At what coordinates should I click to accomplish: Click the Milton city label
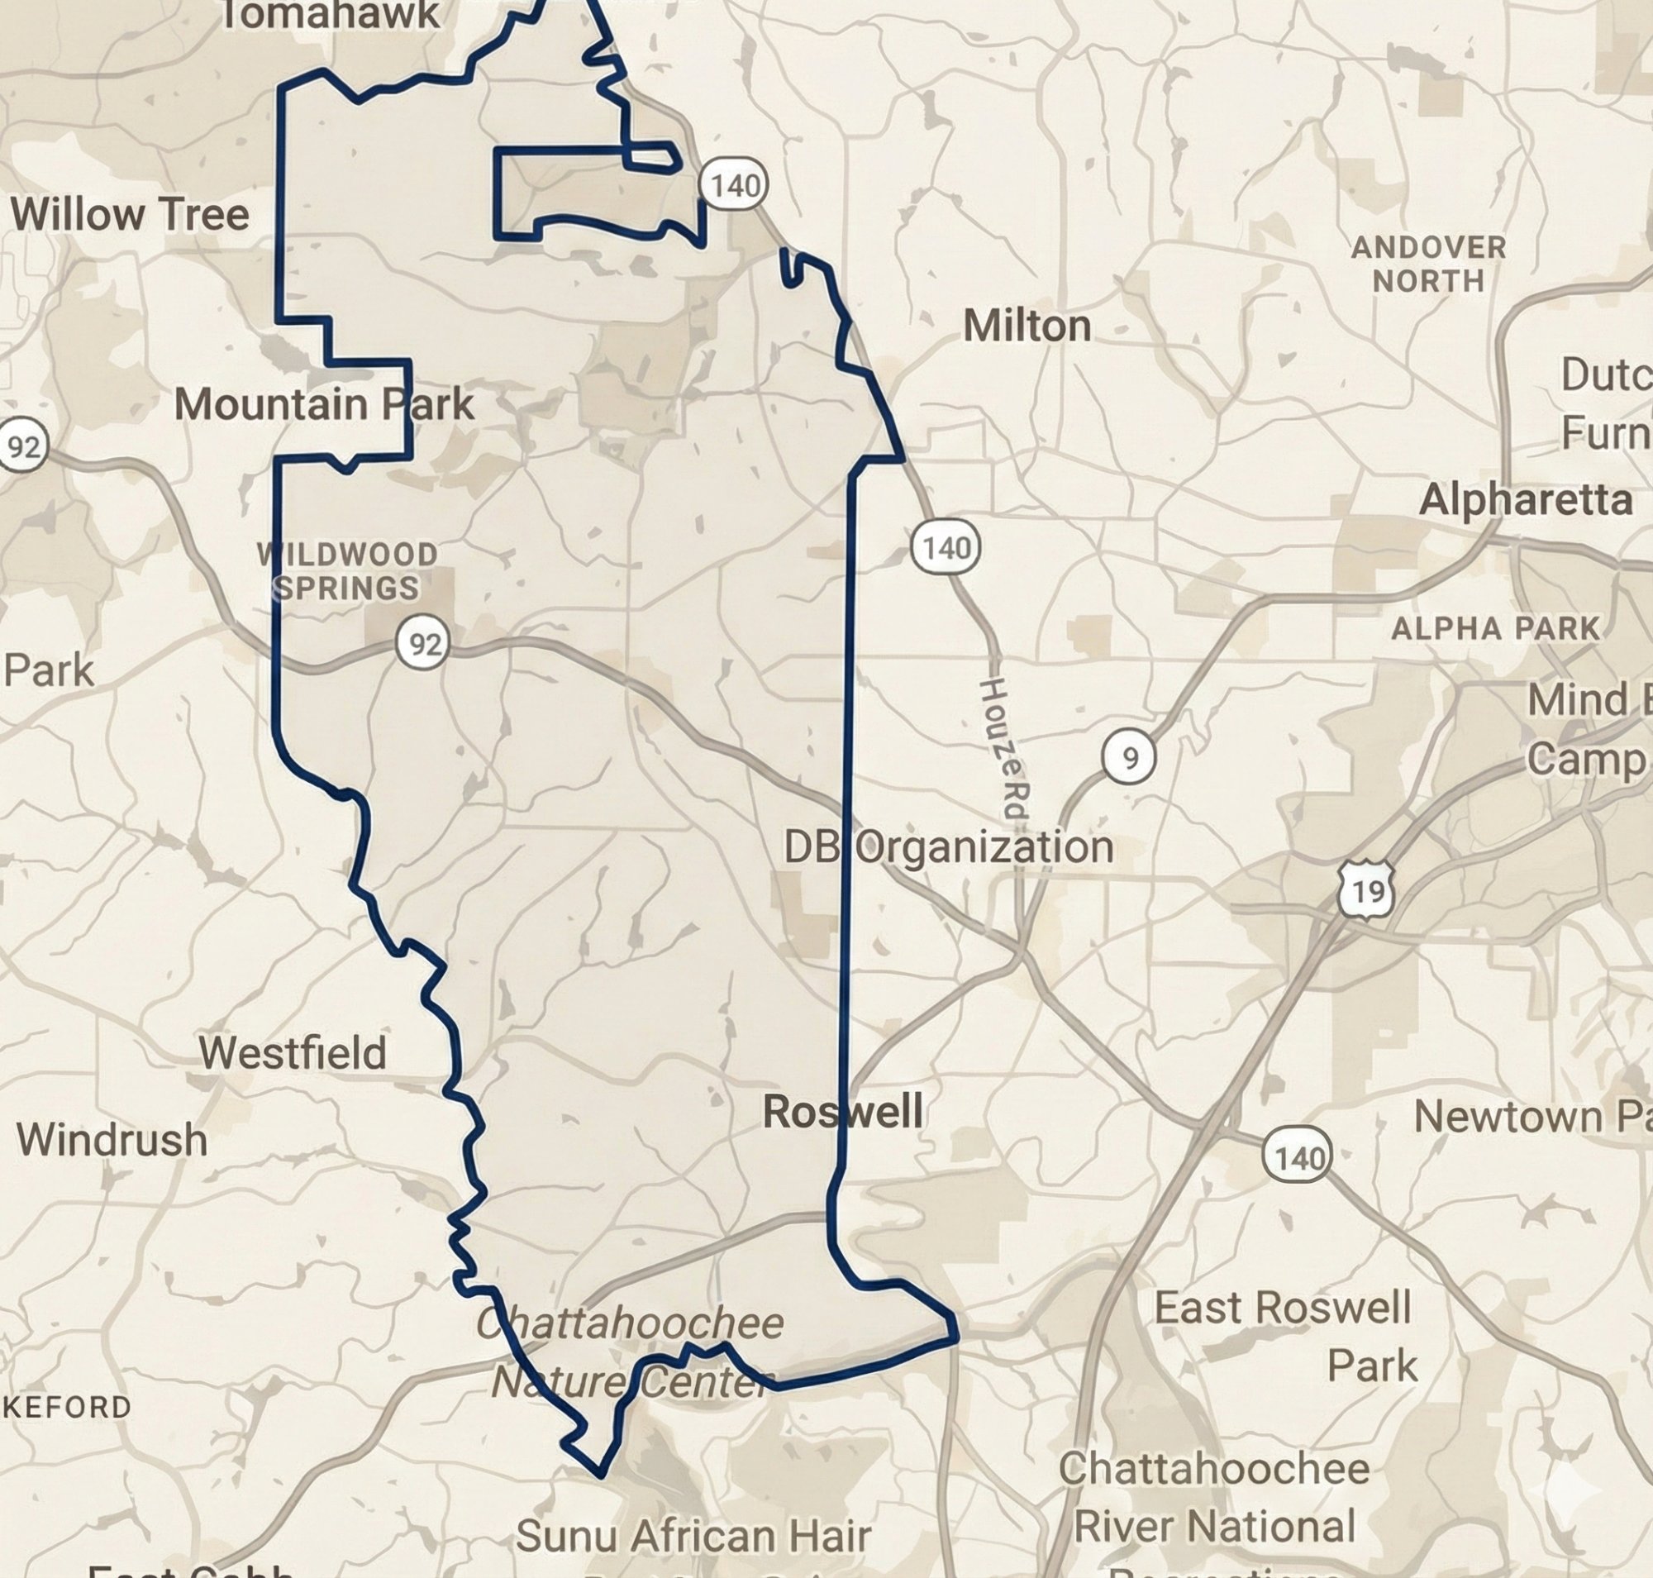(x=1027, y=327)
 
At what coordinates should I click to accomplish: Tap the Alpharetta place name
(x=1525, y=500)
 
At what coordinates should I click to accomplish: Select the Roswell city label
(x=842, y=1111)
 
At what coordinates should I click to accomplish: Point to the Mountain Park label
(x=324, y=404)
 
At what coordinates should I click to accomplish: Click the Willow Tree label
(x=130, y=214)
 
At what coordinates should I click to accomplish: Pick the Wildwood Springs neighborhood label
(x=347, y=571)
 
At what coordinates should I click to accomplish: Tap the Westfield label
(x=292, y=1052)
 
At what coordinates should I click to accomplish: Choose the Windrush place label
(x=112, y=1140)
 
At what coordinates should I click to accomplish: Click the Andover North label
(x=1428, y=265)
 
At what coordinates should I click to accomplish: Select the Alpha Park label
(x=1495, y=628)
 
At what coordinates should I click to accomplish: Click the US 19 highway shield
(x=1366, y=890)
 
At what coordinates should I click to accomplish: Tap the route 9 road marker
(x=1129, y=758)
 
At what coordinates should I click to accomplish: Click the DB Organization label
(x=948, y=847)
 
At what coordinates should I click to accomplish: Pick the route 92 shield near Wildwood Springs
(x=423, y=644)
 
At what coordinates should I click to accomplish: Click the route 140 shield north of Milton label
(x=735, y=185)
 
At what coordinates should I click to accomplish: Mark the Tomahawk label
(x=329, y=15)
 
